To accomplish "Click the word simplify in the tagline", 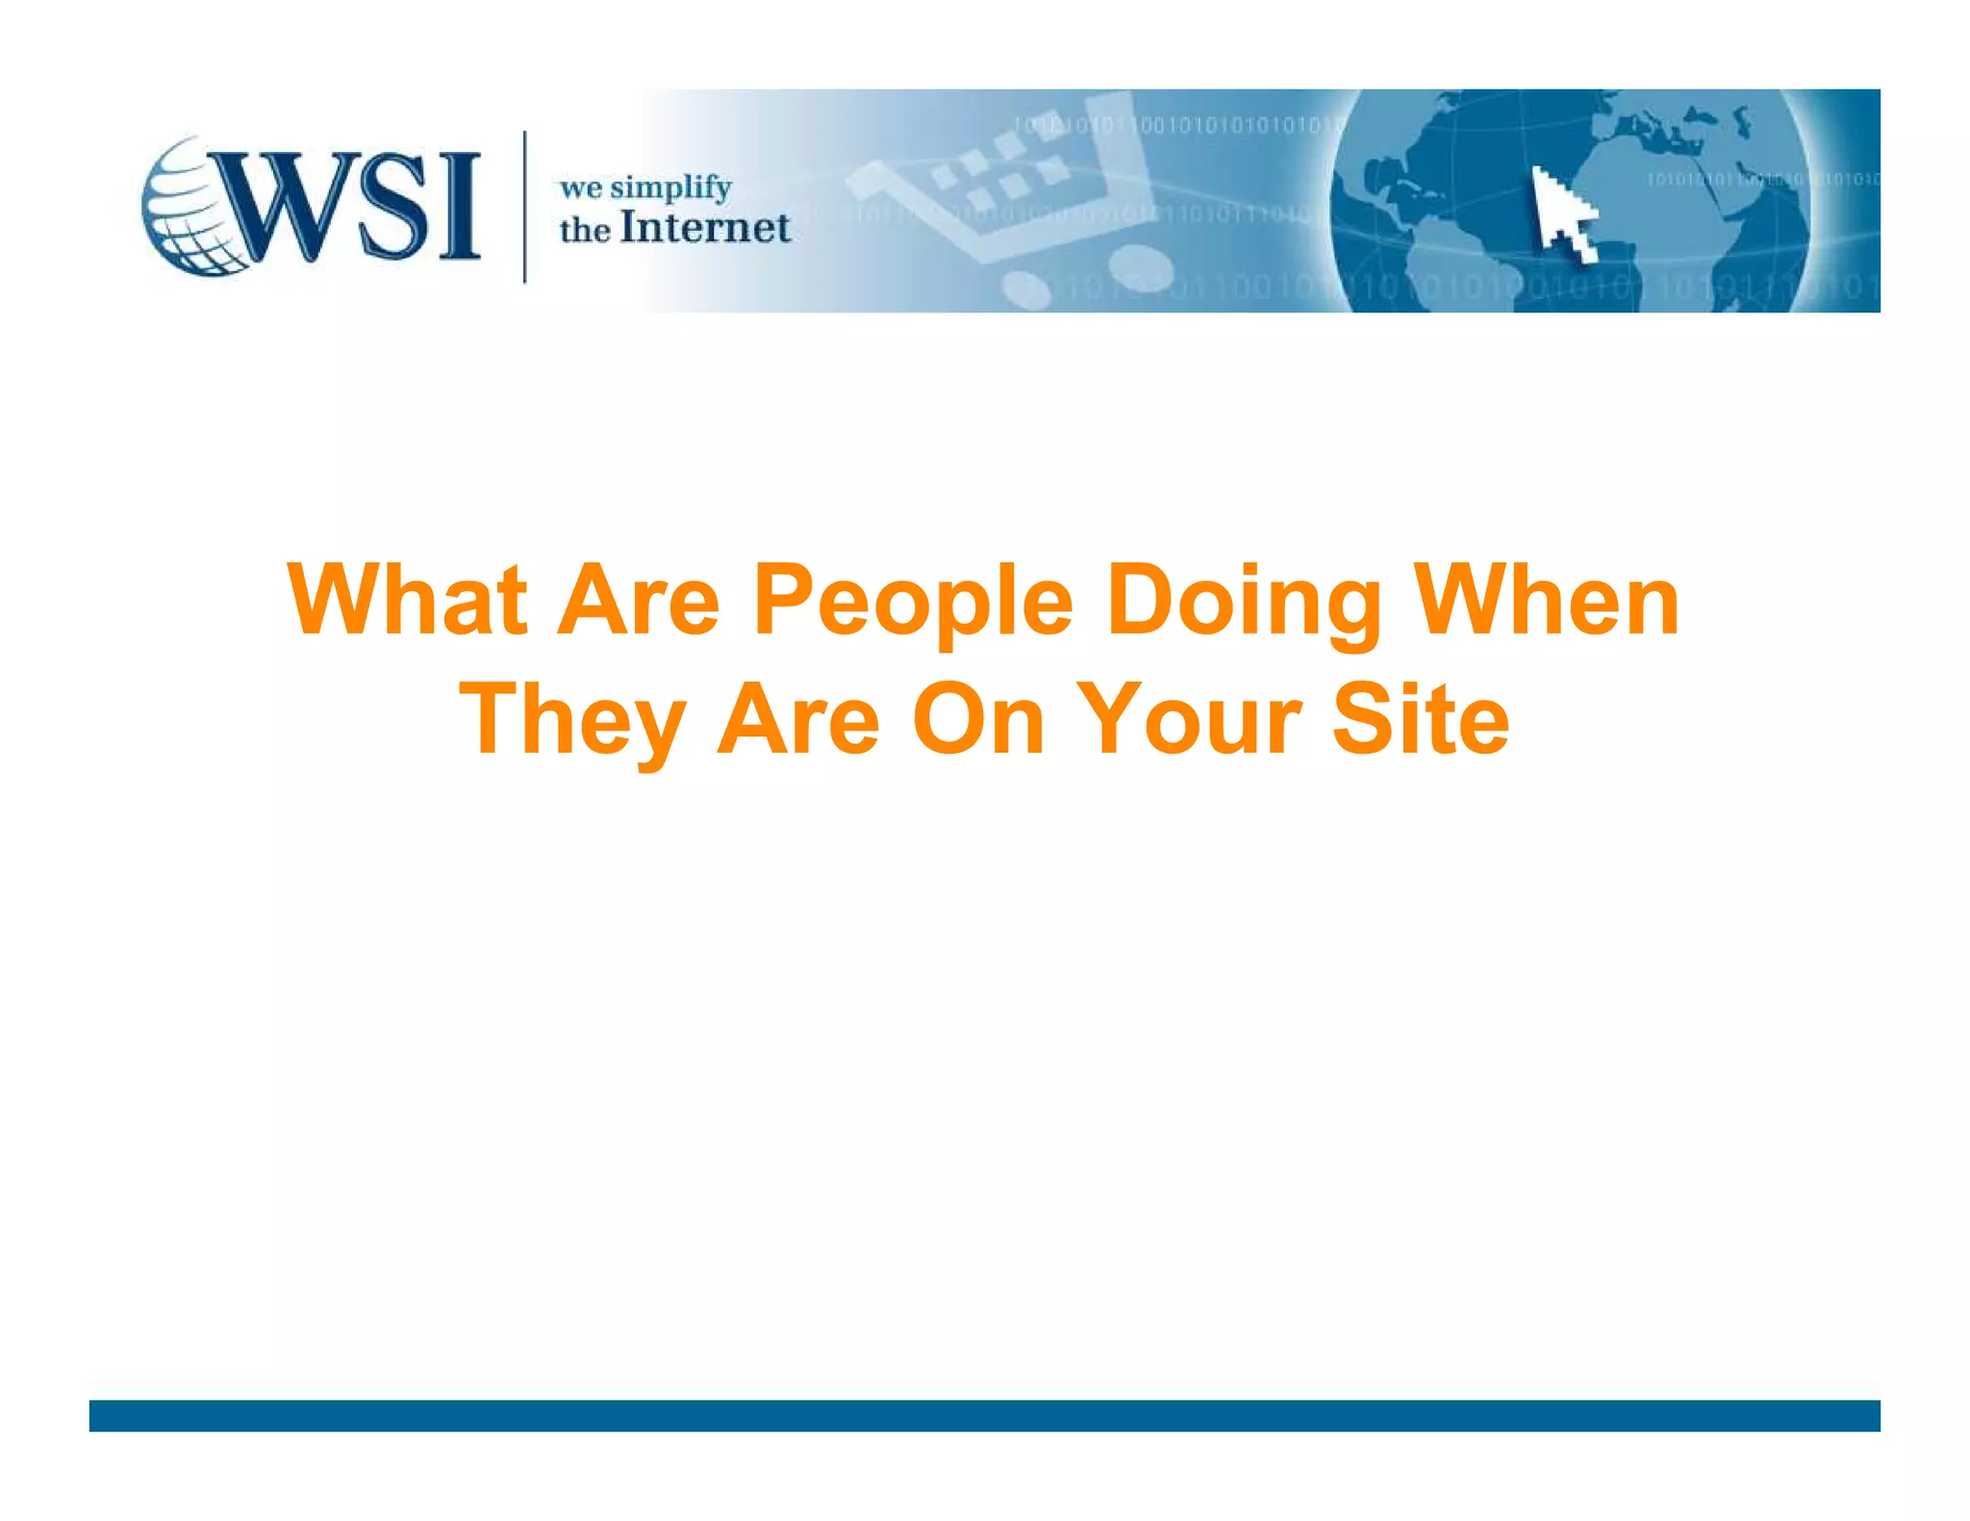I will [x=670, y=187].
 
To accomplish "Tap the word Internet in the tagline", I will [x=705, y=229].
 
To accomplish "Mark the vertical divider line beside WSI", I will [x=524, y=207].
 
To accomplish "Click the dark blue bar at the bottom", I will [x=984, y=1415].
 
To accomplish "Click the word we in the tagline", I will [x=580, y=187].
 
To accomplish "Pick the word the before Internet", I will [x=584, y=231].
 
